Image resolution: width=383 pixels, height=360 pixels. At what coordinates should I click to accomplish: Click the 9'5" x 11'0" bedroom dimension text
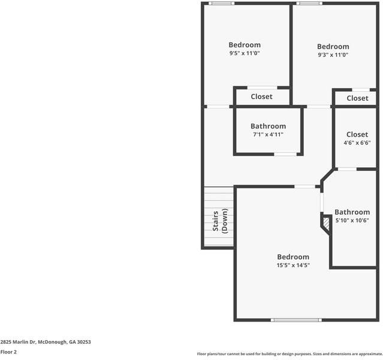tap(245, 53)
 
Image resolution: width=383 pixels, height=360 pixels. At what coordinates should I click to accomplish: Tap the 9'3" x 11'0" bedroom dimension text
tap(333, 55)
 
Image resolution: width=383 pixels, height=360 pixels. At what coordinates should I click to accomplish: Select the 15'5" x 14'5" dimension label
tap(292, 265)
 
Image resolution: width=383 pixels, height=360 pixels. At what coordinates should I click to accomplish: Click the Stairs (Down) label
tap(220, 221)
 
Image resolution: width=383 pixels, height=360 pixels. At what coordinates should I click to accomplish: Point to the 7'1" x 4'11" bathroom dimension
tap(268, 134)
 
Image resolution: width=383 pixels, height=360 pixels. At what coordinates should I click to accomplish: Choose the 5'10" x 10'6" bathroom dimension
tap(352, 220)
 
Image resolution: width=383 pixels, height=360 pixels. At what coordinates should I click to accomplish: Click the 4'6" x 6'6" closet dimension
tap(357, 143)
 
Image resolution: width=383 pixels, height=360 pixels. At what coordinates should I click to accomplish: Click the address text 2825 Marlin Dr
tap(46, 342)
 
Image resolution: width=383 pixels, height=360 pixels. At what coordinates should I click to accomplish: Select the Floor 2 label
tap(8, 352)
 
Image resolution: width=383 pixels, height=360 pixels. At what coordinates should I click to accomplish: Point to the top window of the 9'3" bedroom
tap(309, 4)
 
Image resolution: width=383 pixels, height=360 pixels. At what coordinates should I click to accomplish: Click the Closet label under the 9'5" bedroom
tap(261, 97)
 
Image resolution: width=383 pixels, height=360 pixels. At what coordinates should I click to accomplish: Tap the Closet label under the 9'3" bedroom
tap(357, 98)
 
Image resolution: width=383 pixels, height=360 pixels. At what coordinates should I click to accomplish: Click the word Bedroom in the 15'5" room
tap(292, 257)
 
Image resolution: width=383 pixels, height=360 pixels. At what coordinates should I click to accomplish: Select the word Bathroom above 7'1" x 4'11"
tap(268, 126)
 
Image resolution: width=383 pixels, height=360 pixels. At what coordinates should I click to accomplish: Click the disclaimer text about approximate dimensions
tap(290, 354)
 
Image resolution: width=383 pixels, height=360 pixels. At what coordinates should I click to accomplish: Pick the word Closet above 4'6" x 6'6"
tap(357, 134)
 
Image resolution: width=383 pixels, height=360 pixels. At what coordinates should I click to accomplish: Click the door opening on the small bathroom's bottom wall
tap(285, 154)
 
